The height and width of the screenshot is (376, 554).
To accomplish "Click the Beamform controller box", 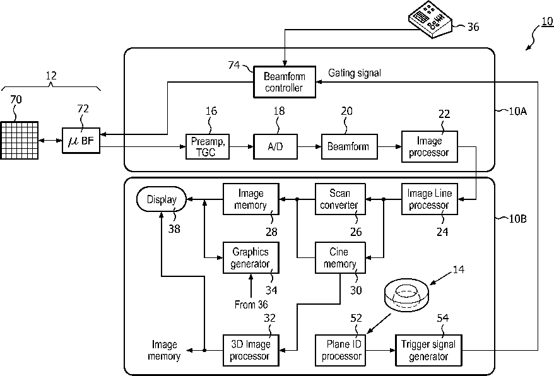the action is click(285, 82).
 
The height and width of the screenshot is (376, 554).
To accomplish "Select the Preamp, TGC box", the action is click(208, 146).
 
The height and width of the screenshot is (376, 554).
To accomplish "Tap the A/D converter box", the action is click(275, 146).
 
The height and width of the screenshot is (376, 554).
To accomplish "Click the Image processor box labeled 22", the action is click(429, 146).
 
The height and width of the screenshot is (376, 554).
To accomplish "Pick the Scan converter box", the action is click(340, 199).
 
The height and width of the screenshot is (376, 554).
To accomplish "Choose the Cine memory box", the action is click(340, 257).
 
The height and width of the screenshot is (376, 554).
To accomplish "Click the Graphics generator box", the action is click(251, 257).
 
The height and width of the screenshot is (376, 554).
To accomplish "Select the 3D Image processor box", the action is click(251, 350).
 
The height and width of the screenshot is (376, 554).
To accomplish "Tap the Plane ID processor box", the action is click(340, 350).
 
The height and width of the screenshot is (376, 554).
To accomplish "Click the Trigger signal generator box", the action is click(428, 350).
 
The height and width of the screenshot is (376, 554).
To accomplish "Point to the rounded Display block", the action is click(162, 199).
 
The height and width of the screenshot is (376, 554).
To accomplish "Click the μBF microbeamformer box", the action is click(81, 141).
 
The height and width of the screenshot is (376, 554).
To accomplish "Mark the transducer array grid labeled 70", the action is click(19, 140).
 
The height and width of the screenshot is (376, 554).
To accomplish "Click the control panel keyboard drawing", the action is click(430, 20).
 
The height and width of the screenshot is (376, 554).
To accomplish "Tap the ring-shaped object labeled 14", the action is click(406, 295).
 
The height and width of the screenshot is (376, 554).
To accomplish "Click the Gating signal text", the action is click(355, 73).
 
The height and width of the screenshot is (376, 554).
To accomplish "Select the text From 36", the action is click(251, 304).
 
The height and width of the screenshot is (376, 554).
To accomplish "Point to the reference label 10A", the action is click(517, 111).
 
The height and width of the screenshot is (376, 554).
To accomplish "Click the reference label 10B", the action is click(517, 219).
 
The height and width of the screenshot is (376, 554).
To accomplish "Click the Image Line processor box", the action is click(429, 199).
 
